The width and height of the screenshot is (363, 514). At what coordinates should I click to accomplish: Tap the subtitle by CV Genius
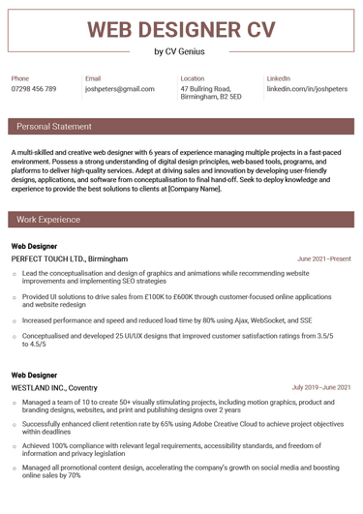click(180, 52)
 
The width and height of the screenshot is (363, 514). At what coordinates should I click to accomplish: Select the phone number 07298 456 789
click(34, 89)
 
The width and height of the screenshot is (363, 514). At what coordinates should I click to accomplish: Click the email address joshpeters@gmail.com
click(119, 89)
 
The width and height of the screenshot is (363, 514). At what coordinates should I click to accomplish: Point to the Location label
click(193, 77)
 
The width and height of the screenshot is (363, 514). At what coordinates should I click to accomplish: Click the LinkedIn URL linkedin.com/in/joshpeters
click(306, 89)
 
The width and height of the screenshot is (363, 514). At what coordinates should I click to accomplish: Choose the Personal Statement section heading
click(54, 127)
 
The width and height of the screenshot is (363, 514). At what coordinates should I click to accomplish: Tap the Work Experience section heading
click(48, 221)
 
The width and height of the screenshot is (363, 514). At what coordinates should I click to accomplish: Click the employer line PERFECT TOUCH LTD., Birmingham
click(69, 259)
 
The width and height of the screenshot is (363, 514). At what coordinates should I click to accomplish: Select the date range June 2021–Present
click(324, 259)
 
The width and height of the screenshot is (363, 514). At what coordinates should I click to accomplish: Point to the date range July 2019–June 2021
click(321, 387)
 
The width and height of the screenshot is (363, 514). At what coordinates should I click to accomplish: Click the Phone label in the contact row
click(20, 77)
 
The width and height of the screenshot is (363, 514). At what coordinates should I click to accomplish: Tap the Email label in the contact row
click(93, 77)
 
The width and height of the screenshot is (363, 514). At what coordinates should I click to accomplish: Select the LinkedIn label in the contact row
click(279, 77)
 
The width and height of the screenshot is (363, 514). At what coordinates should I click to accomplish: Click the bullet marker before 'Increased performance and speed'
click(15, 318)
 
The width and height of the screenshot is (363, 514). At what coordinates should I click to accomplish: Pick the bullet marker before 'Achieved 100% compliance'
click(15, 446)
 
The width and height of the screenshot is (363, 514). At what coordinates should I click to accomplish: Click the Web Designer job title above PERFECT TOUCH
click(34, 246)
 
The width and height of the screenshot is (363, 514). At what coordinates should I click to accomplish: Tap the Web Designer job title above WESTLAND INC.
click(34, 374)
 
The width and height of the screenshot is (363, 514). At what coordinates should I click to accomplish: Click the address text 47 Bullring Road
click(206, 89)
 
